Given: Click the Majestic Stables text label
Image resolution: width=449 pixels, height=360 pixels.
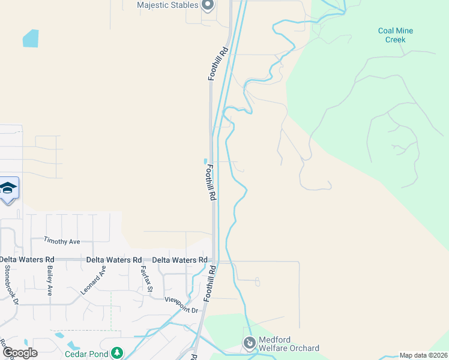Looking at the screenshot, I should pos(167,5).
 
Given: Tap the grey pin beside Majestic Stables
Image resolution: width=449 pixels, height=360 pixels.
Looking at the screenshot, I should pos(208,5).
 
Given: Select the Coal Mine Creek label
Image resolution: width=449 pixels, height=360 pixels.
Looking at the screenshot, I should pos(396,35).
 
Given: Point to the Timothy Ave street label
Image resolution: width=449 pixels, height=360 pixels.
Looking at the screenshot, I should pos(61,241).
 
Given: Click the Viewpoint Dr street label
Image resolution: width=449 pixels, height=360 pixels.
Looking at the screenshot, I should pos(181,305).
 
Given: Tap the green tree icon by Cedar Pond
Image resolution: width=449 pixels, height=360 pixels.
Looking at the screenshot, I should pos(118,352).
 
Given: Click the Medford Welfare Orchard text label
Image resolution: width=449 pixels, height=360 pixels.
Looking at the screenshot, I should pos(290,344).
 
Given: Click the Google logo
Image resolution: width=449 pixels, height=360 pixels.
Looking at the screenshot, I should pos(19,353).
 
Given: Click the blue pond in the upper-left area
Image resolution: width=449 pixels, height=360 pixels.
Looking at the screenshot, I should pos(31,38).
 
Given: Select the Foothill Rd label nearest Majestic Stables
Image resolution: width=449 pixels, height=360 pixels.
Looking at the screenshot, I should pos(219,64).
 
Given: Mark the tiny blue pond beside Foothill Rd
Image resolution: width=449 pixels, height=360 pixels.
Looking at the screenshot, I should pos(206,161).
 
